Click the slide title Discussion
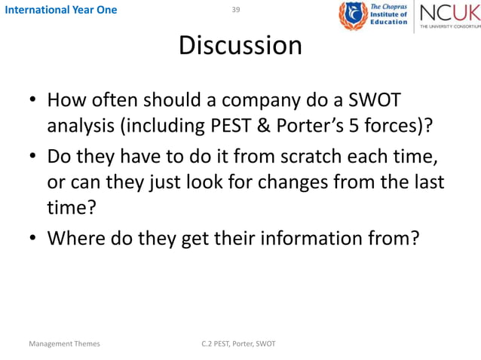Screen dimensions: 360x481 [x=240, y=46]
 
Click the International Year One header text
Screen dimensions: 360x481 [x=59, y=10]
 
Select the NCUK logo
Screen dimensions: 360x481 [x=448, y=16]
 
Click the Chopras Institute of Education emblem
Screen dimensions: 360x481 [x=352, y=16]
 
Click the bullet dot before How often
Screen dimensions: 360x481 [x=33, y=101]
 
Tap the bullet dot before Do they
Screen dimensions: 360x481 [x=33, y=160]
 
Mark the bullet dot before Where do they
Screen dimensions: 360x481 [x=33, y=239]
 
